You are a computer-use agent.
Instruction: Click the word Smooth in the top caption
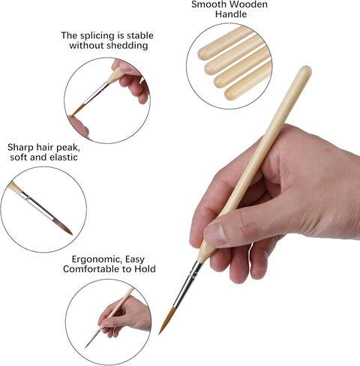(211, 4)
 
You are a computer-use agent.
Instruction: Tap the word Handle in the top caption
(230, 14)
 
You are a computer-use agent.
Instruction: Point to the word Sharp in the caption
(22, 147)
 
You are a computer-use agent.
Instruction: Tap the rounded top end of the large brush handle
(304, 73)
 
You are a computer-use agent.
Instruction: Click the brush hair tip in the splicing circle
(76, 112)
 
